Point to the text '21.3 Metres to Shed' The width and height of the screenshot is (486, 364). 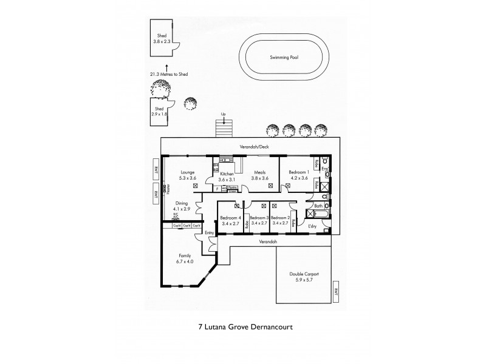pyautogui.click(x=169, y=74)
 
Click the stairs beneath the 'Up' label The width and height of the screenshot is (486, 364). pyautogui.click(x=225, y=129)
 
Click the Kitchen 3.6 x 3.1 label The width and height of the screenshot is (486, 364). pyautogui.click(x=222, y=176)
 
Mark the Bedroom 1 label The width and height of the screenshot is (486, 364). pyautogui.click(x=299, y=175)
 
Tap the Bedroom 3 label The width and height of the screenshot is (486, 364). pyautogui.click(x=259, y=220)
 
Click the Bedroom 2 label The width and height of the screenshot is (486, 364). pyautogui.click(x=280, y=220)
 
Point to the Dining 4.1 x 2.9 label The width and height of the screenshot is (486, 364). pyautogui.click(x=182, y=206)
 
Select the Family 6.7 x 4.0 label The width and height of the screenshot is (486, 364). pyautogui.click(x=185, y=258)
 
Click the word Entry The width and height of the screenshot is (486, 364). pyautogui.click(x=209, y=232)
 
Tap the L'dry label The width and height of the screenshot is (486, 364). pyautogui.click(x=313, y=226)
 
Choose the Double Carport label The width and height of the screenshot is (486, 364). pyautogui.click(x=304, y=278)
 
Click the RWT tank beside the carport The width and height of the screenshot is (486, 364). pyautogui.click(x=335, y=294)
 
